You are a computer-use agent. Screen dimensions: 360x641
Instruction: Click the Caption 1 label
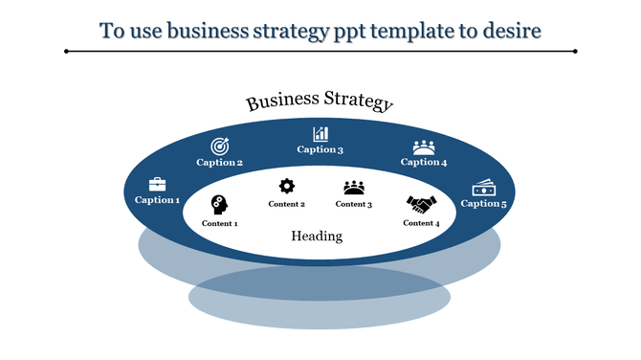point(157,200)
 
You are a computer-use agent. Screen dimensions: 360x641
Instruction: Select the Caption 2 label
point(220,163)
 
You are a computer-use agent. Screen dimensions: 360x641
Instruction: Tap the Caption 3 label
point(320,149)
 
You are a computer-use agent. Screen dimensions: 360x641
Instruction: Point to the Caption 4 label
point(424,162)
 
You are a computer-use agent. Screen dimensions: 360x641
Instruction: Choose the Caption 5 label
point(483,203)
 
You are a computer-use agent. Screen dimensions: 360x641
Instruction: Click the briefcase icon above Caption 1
point(157,185)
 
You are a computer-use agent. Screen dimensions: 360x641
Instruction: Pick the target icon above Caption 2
point(220,146)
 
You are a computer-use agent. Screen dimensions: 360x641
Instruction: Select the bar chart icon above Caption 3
point(320,134)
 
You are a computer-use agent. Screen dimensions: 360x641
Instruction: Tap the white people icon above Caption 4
point(424,146)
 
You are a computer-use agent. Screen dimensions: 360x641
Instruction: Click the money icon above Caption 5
point(483,188)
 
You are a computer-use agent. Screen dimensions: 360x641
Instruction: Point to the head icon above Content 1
point(220,204)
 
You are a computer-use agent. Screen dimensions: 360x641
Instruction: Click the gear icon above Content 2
point(286,187)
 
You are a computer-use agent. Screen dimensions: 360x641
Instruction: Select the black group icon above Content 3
point(354,188)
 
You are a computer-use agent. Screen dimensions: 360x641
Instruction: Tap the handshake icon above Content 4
point(421,204)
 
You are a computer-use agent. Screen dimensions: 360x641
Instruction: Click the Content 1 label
point(220,223)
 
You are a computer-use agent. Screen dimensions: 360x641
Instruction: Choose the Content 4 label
point(421,223)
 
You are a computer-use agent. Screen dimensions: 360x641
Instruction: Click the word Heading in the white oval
point(317,236)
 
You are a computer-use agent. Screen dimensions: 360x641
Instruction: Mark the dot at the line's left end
point(66,51)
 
